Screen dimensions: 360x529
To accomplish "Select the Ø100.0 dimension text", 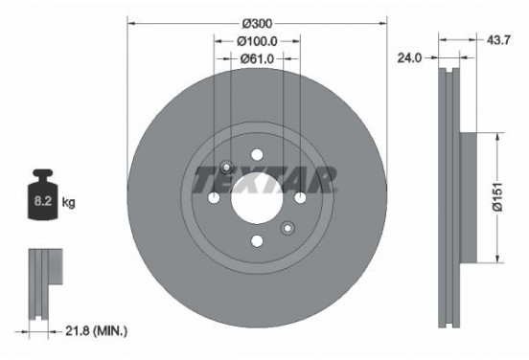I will (x=257, y=41).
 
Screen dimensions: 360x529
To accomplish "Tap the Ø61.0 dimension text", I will (x=257, y=58).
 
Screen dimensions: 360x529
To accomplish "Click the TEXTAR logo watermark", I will (x=264, y=179).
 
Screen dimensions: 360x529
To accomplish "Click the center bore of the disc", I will (x=256, y=198).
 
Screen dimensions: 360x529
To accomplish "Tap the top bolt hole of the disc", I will (x=257, y=155).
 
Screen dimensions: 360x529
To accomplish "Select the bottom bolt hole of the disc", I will (x=257, y=241).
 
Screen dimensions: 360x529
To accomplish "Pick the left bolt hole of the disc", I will (x=214, y=198).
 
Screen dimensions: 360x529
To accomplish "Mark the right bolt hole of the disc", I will (x=300, y=198).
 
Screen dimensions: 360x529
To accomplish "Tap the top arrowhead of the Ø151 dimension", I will (x=496, y=136).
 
